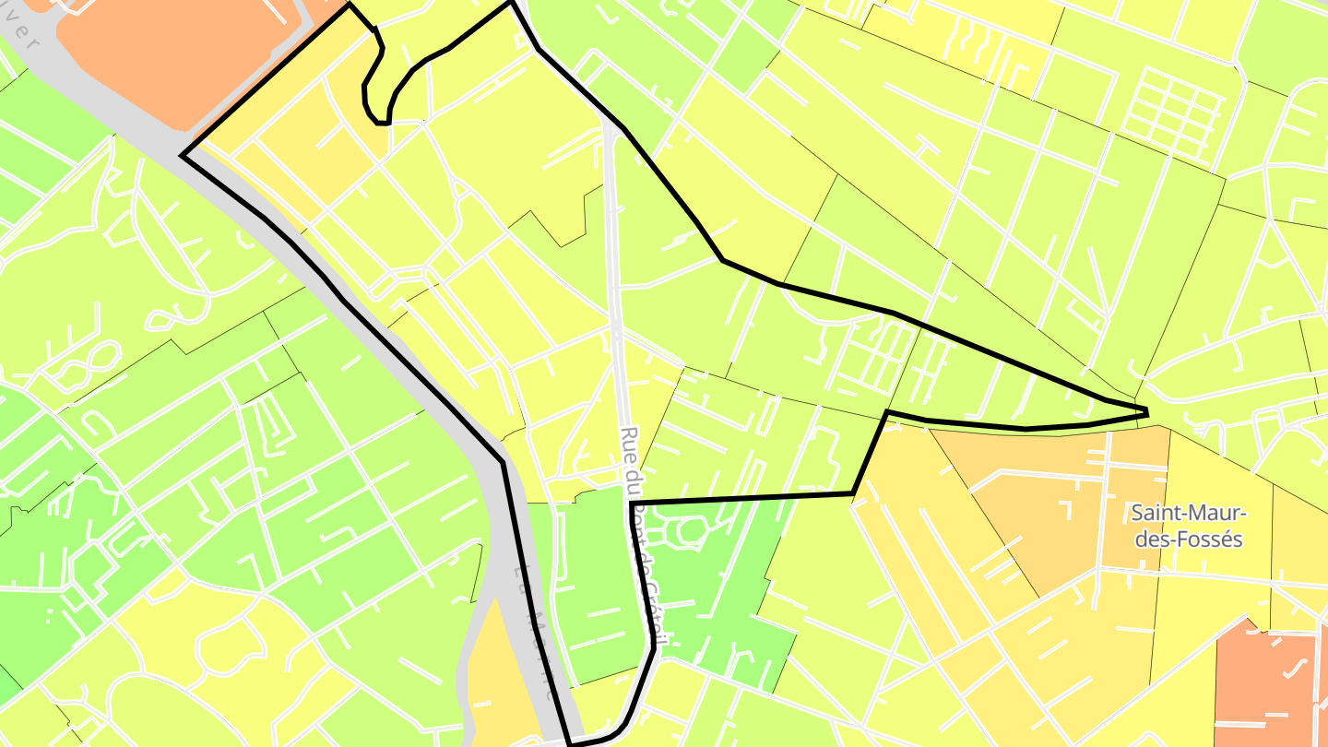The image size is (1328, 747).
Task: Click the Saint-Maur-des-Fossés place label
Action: click(x=1189, y=525)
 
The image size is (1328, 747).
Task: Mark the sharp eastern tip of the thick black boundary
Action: click(x=1146, y=410)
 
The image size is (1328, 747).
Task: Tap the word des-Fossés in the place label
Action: click(x=1189, y=539)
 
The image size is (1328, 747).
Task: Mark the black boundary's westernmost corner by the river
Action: click(x=184, y=156)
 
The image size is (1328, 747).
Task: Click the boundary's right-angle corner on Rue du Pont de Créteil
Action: click(x=631, y=503)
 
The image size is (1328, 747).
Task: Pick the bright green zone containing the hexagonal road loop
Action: click(x=729, y=590)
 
